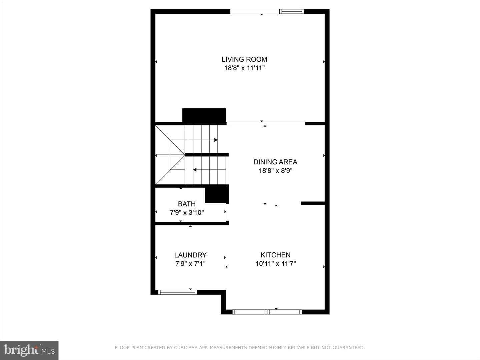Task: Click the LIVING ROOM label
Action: point(244,59)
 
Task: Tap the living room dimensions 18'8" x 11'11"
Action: point(244,68)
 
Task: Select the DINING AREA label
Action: point(275,162)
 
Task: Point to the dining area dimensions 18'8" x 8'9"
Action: point(276,170)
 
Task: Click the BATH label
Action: point(187,204)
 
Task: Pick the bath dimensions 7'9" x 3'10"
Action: point(187,212)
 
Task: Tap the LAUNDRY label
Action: point(190,255)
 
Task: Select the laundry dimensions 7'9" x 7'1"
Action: point(190,264)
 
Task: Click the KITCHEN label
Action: point(276,255)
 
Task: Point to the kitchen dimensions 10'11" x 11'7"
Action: point(276,264)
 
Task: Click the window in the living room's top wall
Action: point(291,11)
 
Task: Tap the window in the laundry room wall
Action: point(177,292)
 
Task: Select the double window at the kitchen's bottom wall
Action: point(267,312)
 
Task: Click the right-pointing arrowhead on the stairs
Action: point(216,140)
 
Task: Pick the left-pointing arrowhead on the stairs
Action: point(195,170)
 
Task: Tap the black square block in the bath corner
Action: point(217,194)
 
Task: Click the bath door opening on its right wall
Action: point(227,212)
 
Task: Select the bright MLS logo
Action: point(29,350)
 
